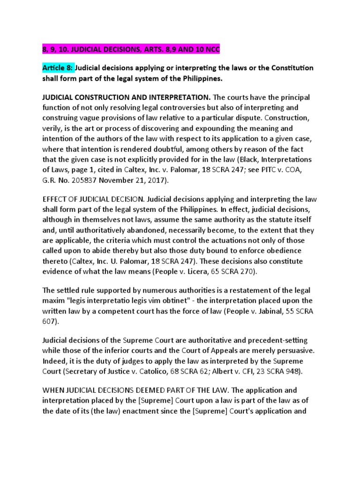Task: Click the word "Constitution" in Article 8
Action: coord(291,68)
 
